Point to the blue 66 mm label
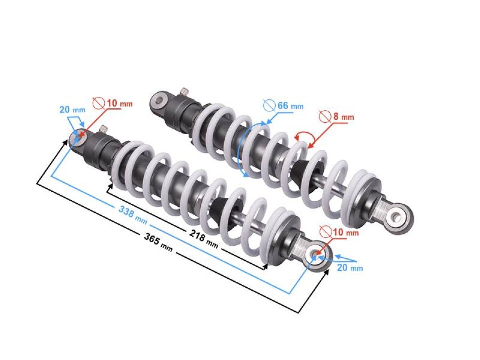point(290,106)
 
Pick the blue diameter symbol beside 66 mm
point(269,105)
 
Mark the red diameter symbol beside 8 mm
point(325,116)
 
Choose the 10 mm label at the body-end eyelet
point(119,103)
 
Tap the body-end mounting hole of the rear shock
point(159,100)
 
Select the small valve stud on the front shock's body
point(104,129)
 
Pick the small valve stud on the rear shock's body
point(184,92)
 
